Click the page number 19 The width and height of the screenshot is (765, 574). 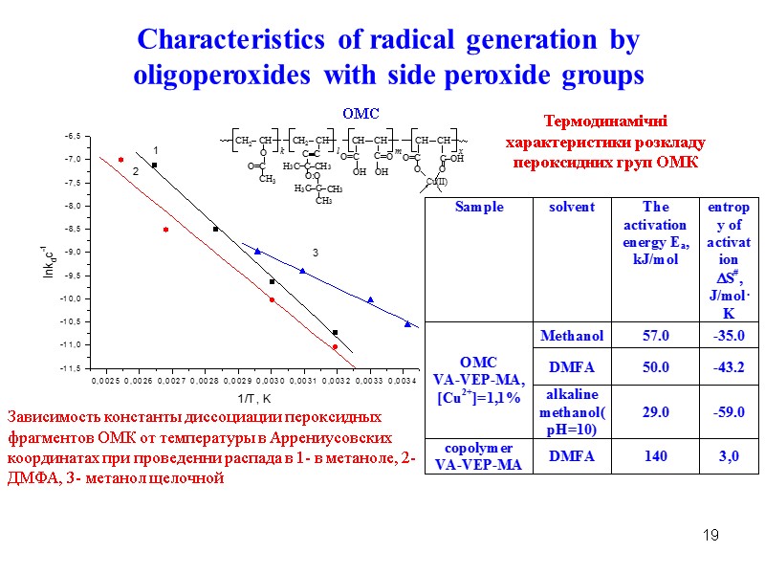(x=710, y=534)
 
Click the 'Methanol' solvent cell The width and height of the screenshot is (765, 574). (x=572, y=336)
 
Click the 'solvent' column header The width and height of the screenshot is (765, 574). (x=572, y=208)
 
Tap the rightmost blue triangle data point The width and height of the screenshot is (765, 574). (x=407, y=323)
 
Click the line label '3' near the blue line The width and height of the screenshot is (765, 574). (x=313, y=252)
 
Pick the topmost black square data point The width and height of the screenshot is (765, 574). (x=154, y=166)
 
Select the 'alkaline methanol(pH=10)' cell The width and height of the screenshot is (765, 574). (x=572, y=411)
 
